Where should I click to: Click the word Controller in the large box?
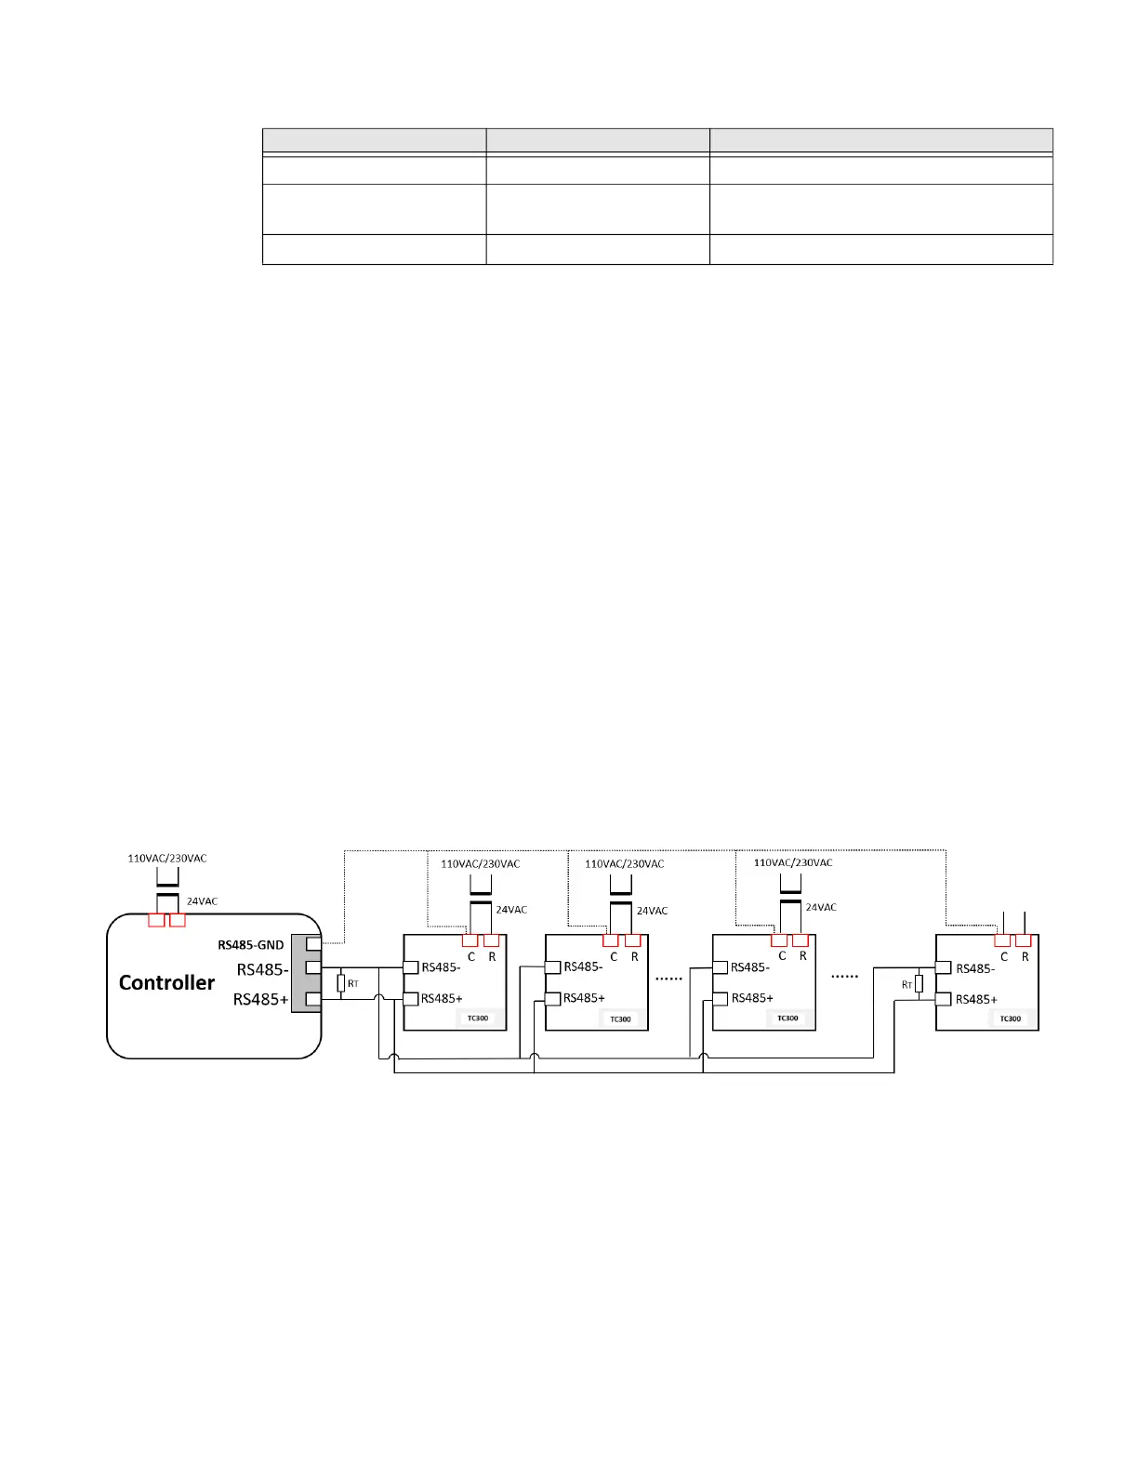point(166,983)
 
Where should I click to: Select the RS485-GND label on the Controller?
point(251,945)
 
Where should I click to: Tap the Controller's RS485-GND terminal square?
point(313,944)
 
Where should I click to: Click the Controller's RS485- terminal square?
point(313,968)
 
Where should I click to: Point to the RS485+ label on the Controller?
point(260,1000)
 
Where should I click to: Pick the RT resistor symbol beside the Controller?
point(341,983)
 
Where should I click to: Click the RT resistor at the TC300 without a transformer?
point(919,984)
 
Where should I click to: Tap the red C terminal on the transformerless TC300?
point(1002,940)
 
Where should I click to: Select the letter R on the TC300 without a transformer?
point(1026,957)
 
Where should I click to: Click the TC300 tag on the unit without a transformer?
point(1010,1019)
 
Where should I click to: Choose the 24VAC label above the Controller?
point(202,901)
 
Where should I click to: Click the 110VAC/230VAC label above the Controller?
point(167,859)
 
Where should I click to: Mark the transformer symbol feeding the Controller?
point(167,892)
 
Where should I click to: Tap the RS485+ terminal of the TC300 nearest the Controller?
point(410,999)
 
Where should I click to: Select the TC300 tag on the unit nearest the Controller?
point(477,1019)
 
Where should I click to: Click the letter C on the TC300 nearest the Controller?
point(471,957)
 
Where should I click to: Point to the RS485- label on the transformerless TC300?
point(975,968)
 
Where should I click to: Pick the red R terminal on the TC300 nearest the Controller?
point(492,940)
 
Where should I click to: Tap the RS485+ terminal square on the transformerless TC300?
point(943,1000)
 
